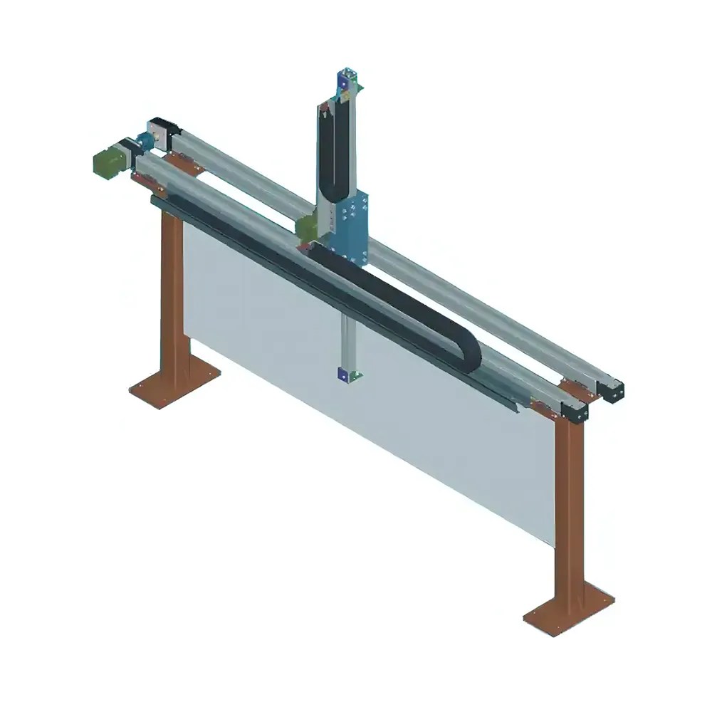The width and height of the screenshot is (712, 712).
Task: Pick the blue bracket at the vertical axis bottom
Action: click(347, 375)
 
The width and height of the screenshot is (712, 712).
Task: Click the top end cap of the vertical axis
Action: click(347, 80)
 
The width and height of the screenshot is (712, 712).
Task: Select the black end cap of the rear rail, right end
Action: click(612, 391)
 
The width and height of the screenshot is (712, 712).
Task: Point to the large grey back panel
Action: click(370, 399)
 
